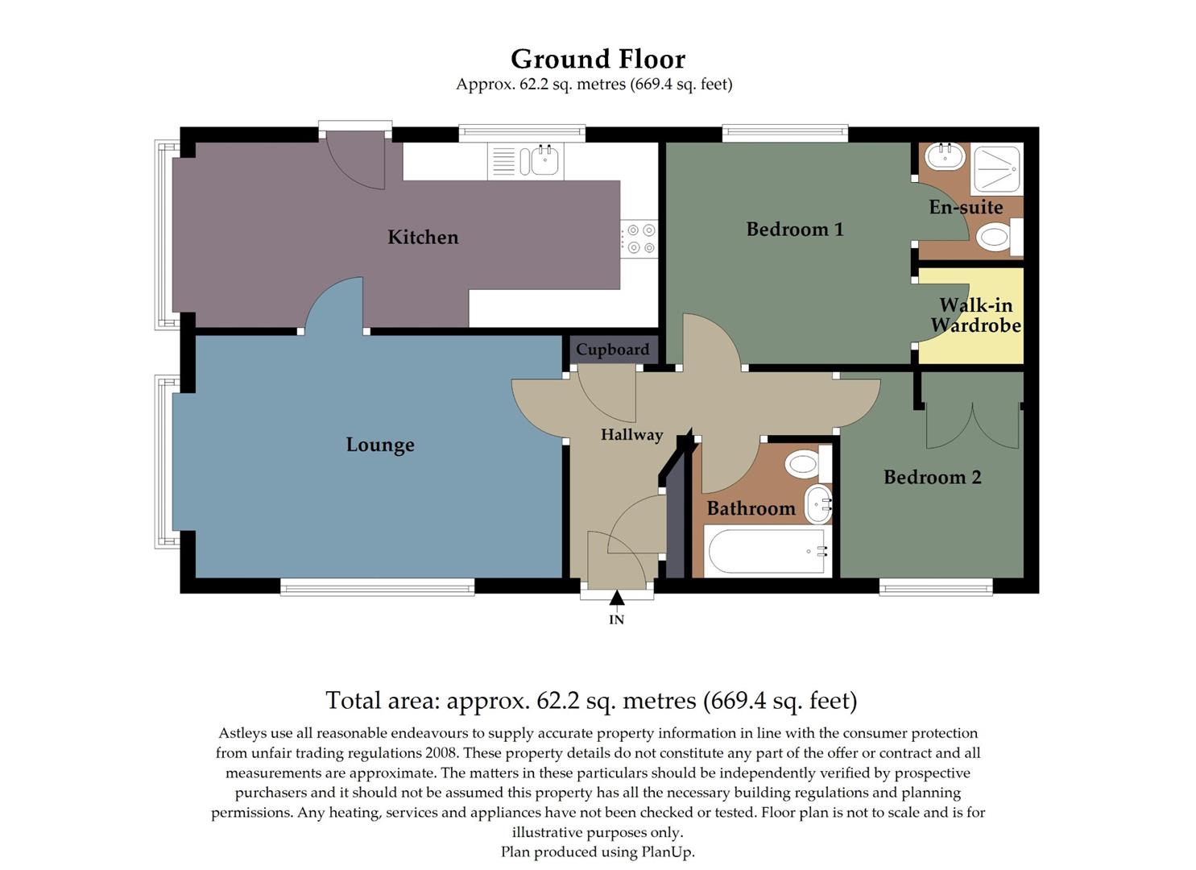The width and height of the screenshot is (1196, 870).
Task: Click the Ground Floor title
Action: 598,59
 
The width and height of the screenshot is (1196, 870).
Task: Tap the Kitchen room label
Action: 423,237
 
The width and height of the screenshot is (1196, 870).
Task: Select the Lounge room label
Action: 380,445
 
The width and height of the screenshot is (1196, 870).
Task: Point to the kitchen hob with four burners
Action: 640,239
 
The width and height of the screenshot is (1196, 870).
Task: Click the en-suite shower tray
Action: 997,169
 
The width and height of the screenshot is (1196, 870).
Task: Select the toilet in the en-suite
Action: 997,237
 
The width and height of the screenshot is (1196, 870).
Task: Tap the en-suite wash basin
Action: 945,155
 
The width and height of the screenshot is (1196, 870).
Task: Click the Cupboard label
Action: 612,350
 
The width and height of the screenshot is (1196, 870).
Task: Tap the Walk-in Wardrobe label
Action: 975,315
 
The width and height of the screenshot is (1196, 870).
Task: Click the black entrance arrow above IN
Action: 616,598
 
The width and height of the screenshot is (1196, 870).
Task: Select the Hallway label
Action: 631,435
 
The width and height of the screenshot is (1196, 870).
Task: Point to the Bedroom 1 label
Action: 795,230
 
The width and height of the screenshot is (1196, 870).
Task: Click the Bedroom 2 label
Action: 932,477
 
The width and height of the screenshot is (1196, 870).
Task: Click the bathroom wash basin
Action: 818,503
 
